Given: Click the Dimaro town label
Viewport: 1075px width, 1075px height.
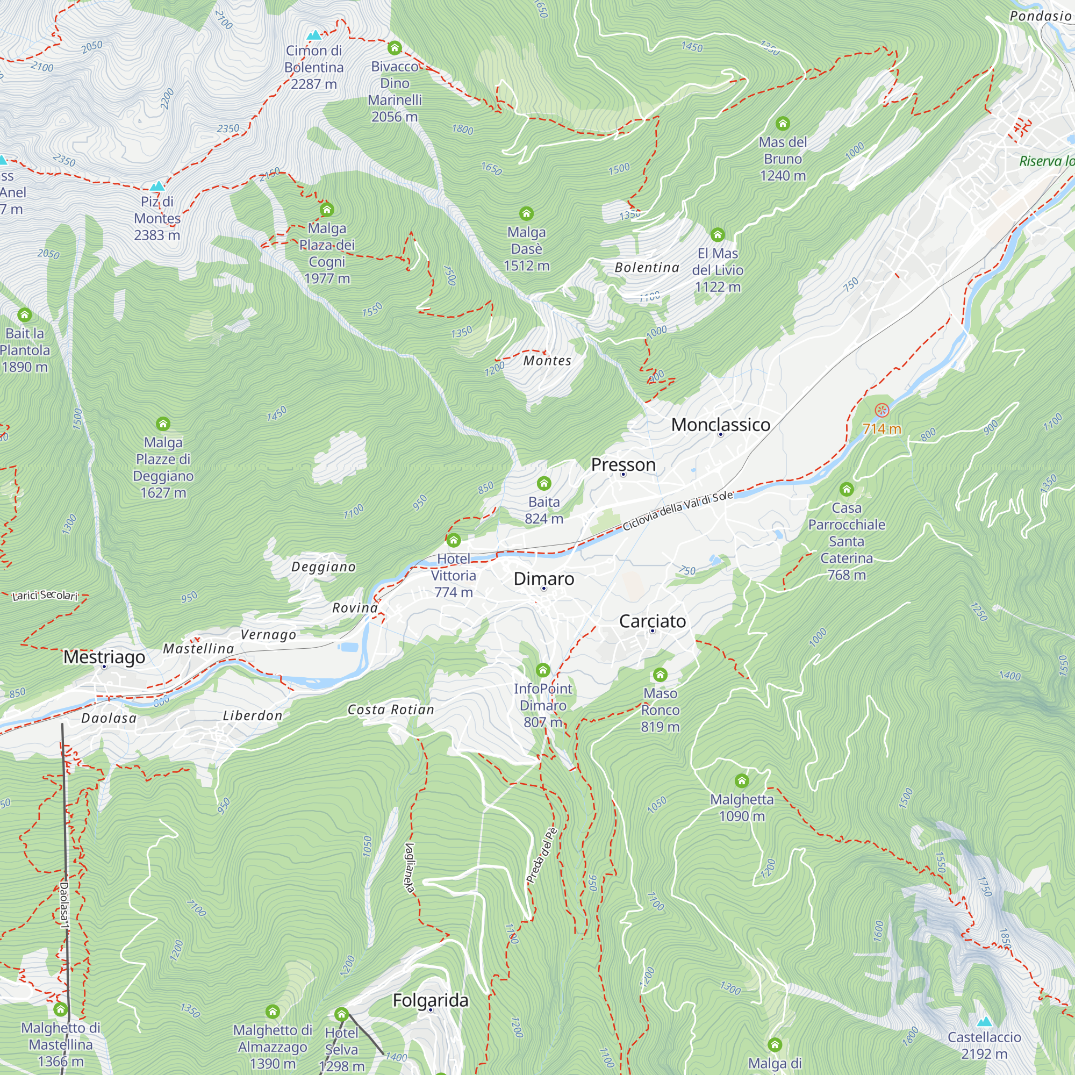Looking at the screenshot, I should (543, 579).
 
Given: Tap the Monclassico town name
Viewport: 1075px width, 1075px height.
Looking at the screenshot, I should (720, 425).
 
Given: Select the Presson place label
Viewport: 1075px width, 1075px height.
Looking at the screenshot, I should (622, 464).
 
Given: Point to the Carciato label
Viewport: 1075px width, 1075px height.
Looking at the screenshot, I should (652, 621).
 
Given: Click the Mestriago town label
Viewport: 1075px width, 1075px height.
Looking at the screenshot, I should (104, 657).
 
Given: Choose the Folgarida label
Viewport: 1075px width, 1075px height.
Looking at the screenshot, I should (430, 1000).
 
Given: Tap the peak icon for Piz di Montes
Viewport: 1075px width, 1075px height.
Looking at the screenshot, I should (157, 186).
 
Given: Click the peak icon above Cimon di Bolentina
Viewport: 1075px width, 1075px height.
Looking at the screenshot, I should (314, 35).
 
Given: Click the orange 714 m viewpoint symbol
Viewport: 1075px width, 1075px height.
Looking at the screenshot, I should (881, 411).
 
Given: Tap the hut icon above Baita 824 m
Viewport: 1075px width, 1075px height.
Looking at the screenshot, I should (543, 484).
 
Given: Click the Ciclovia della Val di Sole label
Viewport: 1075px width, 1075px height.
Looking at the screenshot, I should (677, 511).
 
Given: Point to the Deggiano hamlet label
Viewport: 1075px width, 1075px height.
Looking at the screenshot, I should (323, 567).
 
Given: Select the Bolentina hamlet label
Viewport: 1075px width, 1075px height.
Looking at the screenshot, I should (647, 268).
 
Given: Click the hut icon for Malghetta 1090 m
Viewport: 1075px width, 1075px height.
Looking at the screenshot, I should (741, 781).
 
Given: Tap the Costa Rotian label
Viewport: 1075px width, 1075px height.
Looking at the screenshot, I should (391, 709).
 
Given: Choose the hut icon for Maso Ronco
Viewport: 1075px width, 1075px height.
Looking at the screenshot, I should (660, 675).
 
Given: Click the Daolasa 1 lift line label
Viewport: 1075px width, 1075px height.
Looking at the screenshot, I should (64, 905).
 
